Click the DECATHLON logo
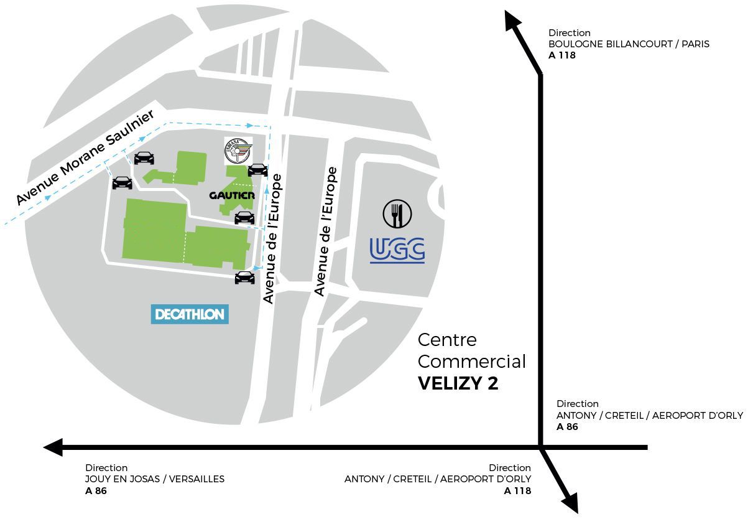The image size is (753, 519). coord(190,314)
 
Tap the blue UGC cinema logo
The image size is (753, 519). coord(397,250)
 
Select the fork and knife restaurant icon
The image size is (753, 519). coord(397,213)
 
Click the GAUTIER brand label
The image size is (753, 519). coord(232,195)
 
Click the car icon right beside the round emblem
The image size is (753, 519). coord(258,169)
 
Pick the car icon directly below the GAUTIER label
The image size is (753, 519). coord(244,217)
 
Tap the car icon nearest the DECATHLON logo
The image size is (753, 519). coord(244,278)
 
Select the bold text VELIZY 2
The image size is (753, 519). coord(458,383)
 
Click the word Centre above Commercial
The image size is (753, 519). coord(447,340)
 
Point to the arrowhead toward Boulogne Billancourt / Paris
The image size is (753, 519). coord(512,20)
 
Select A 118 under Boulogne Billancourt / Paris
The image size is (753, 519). coord(562,55)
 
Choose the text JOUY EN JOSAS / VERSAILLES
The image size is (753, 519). coord(155,479)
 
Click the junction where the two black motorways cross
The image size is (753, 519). coord(540,447)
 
